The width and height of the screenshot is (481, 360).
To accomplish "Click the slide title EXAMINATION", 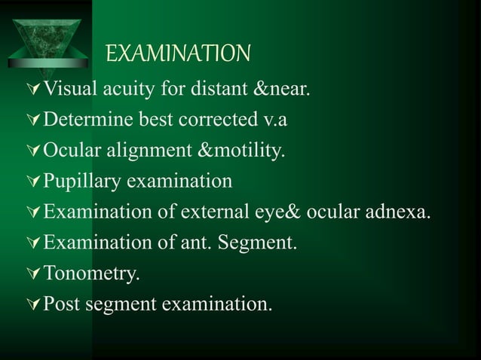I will point(177,54).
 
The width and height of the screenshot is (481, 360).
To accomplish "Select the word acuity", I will point(129,93).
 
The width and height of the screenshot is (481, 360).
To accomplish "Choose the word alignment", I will point(149,153).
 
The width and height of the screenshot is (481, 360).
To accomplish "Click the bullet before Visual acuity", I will point(32,93).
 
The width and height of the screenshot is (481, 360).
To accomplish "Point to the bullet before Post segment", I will point(32,305).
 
